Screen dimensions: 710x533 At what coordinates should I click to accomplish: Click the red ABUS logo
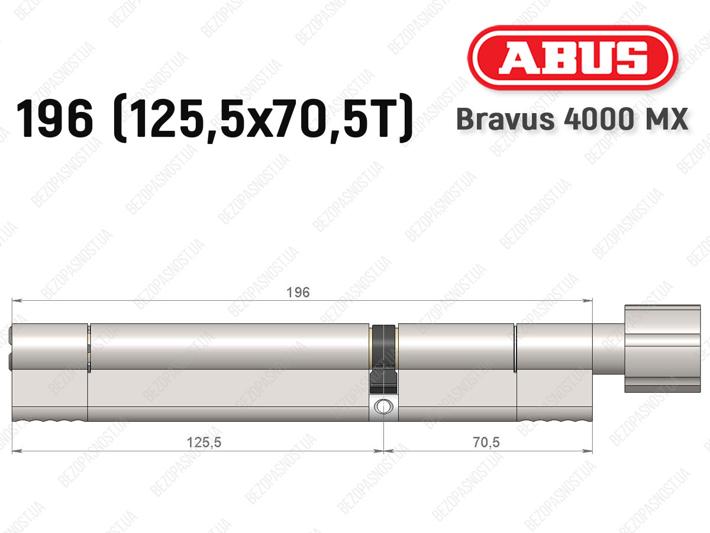573,58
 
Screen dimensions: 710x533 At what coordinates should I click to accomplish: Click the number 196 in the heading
54,118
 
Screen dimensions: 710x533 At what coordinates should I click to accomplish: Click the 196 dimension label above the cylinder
298,293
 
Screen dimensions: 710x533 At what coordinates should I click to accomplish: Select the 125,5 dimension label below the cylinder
204,442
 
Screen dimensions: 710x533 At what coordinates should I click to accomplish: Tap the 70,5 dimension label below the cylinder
486,442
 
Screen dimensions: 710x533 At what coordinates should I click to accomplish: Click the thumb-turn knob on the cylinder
663,349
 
